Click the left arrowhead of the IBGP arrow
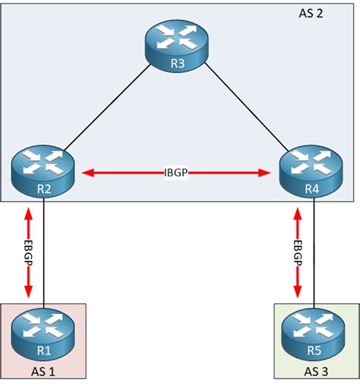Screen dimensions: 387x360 pyautogui.click(x=87, y=173)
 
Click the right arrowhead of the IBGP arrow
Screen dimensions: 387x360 pyautogui.click(x=267, y=173)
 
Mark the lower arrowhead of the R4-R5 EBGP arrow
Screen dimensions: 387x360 pyautogui.click(x=298, y=293)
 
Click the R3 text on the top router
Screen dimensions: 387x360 pyautogui.click(x=178, y=63)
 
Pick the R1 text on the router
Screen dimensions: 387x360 pyautogui.click(x=43, y=351)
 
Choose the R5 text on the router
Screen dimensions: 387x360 pyautogui.click(x=313, y=351)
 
